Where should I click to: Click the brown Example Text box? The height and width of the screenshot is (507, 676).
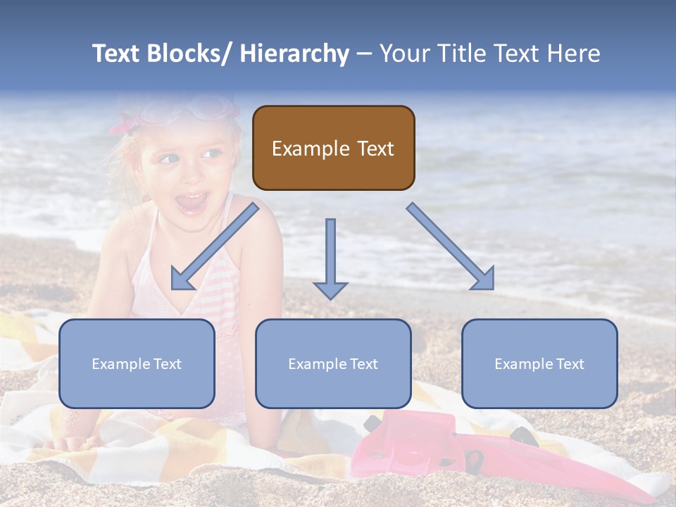coord(333,148)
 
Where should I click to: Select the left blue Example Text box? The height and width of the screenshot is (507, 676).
coord(137,363)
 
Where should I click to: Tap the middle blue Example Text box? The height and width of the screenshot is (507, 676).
coord(333,363)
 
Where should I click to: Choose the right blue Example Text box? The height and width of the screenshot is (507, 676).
coord(539,363)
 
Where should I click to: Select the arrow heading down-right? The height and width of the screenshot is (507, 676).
coord(451,247)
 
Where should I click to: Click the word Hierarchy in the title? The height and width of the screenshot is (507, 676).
coord(294,54)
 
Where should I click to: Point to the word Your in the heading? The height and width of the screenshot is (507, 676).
coord(406,54)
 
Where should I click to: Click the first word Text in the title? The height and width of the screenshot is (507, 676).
coord(118,54)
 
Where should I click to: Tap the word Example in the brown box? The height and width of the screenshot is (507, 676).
coord(310,149)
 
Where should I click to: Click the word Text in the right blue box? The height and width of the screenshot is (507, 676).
coord(570,363)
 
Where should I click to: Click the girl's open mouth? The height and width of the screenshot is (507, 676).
coord(192,202)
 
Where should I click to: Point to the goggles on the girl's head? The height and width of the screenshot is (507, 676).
coord(204,108)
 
